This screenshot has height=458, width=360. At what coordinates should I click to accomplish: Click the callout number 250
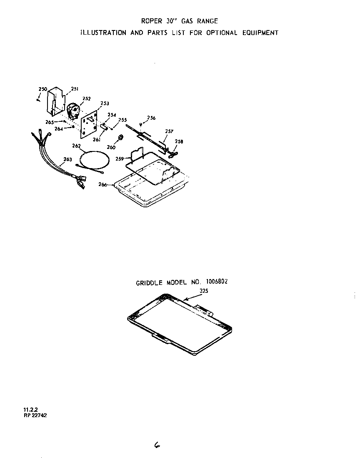pos(42,89)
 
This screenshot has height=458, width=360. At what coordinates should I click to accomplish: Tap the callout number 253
pos(105,103)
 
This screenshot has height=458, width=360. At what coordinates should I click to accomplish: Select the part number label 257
pos(169,131)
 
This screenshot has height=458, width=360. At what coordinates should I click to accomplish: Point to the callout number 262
pos(76,146)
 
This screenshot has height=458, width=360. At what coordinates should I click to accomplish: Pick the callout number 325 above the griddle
pos(204,290)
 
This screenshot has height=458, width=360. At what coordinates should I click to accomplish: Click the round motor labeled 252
pos(73,111)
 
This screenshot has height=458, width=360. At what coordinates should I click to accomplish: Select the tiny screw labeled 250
pos(38,99)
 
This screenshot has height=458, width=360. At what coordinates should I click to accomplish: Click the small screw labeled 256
pos(141,124)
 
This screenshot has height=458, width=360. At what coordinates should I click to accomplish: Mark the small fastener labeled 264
pos(73,127)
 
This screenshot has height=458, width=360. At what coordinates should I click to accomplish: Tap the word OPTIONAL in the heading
pos(222,33)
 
